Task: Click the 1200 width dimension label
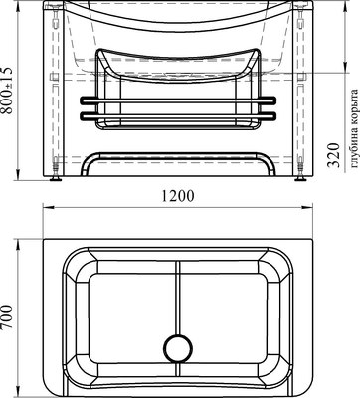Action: point(178,196)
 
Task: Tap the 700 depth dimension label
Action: point(6,317)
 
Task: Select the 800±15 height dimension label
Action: point(6,91)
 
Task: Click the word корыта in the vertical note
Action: point(354,110)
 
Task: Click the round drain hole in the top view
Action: point(178,348)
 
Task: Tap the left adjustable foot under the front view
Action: point(55,179)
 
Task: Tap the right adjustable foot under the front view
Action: point(300,179)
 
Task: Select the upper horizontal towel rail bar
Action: point(178,99)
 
